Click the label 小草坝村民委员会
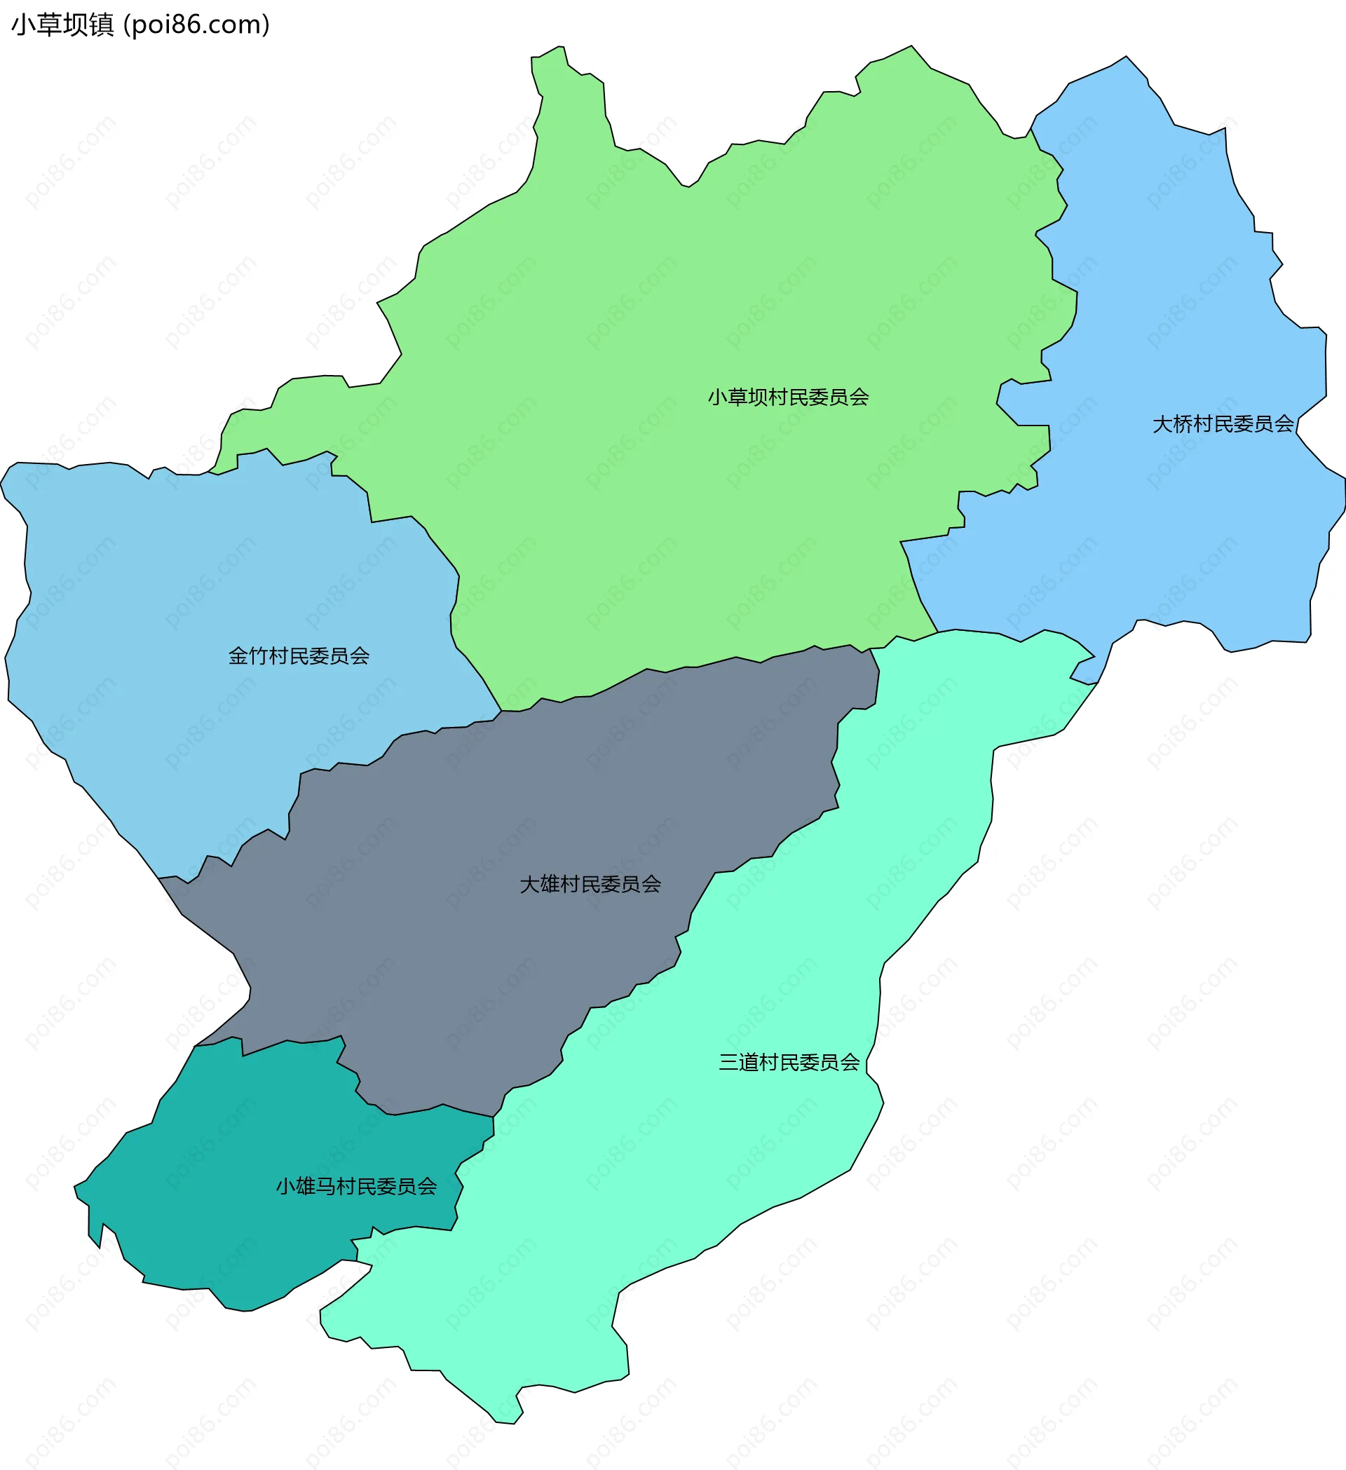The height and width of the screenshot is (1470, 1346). (x=788, y=397)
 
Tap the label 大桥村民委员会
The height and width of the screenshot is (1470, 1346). (x=1223, y=424)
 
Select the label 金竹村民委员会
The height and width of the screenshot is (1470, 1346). (x=299, y=656)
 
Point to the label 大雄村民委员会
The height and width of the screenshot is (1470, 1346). (x=590, y=885)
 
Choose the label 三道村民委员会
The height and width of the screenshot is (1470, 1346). (x=789, y=1063)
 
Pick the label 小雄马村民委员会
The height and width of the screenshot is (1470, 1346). (x=357, y=1187)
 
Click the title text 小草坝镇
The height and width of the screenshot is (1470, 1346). (x=62, y=25)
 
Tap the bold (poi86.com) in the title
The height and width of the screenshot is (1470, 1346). (x=197, y=25)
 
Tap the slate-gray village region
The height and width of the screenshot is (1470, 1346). (x=510, y=838)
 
